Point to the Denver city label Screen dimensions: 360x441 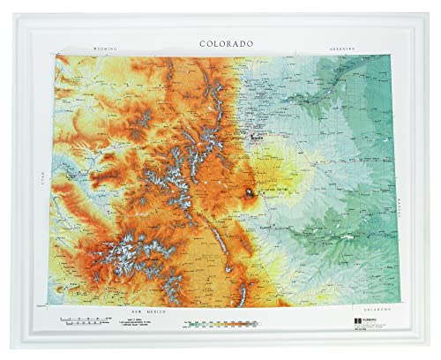point(257,138)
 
